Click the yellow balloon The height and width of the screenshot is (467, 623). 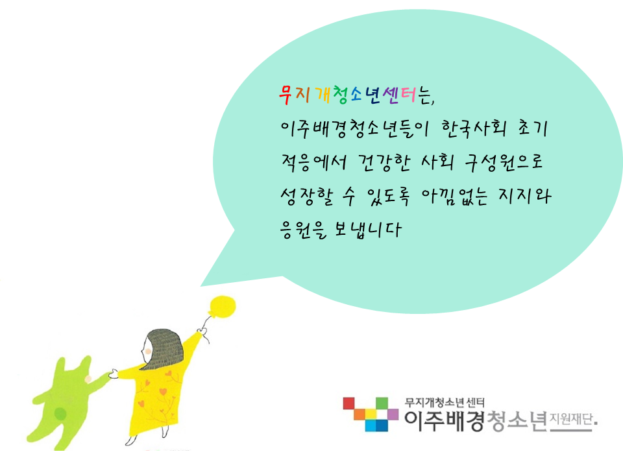tap(223, 307)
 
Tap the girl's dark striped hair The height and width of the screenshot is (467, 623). tap(165, 348)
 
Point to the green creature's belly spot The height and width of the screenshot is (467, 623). tap(60, 413)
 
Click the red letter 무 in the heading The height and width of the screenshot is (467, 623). tap(286, 95)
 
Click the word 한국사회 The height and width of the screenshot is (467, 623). tap(474, 128)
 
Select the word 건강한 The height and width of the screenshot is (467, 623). tap(384, 162)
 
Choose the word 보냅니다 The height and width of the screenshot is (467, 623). tap(367, 230)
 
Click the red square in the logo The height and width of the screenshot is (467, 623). tap(349, 403)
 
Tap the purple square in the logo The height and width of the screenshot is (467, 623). tap(393, 414)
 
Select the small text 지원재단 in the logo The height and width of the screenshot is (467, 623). tap(571, 419)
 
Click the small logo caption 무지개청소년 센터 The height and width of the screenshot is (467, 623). tap(445, 403)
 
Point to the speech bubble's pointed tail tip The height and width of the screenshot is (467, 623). tap(201, 285)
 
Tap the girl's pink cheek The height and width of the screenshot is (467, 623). tap(148, 352)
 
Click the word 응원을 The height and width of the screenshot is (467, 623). tap(304, 230)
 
